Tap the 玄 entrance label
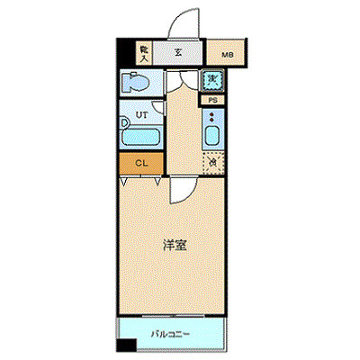click(178, 53)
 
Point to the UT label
click(142, 115)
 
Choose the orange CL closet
click(141, 163)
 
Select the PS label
click(212, 101)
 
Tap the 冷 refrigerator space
click(212, 163)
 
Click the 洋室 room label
click(175, 244)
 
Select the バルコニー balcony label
click(171, 336)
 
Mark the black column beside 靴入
click(123, 53)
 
